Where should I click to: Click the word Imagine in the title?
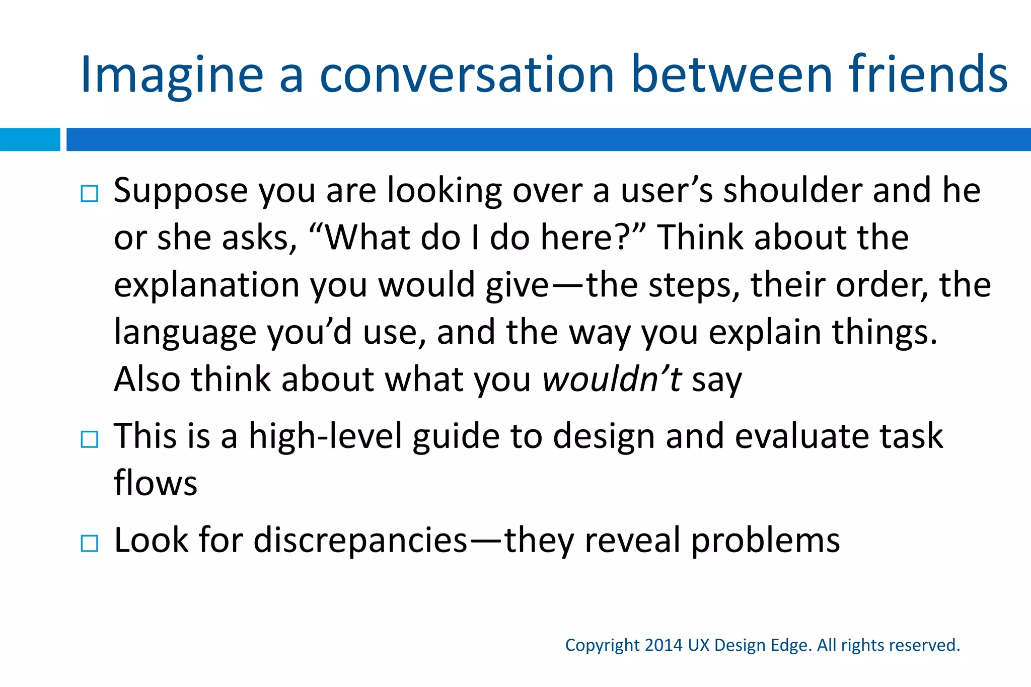pos(172,75)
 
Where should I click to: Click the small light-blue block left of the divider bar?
pos(30,139)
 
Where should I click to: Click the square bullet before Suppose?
pos(90,194)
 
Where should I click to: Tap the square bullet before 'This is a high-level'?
pos(90,439)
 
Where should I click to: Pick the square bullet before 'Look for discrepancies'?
pos(90,544)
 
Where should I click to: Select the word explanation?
pos(207,286)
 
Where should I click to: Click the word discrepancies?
pos(360,541)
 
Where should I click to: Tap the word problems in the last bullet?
pos(765,541)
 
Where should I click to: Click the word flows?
pos(156,483)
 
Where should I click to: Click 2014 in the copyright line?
pos(663,645)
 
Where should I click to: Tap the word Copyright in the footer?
pos(602,645)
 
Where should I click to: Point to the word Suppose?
pos(181,191)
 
